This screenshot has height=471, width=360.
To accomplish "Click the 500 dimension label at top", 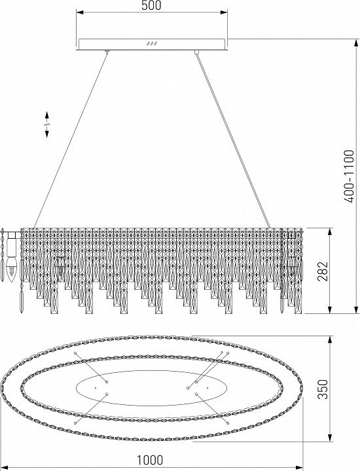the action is pos(151,5).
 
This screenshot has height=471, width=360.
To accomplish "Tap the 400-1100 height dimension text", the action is pos(349,177).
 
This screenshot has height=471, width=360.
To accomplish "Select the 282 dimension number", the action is pos(323,271).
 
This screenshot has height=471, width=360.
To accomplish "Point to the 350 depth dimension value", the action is pos(323,389).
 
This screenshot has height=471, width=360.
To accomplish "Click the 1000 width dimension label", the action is pos(150,460).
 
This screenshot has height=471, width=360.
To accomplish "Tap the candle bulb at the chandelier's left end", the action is pos(11,269).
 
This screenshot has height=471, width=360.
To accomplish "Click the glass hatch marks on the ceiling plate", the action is pos(152,44).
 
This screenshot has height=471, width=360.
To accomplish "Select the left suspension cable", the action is pos(70,140).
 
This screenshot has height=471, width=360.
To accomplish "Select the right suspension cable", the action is pos(234,140).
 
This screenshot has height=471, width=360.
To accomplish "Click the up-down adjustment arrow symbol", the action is pos(47,125).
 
